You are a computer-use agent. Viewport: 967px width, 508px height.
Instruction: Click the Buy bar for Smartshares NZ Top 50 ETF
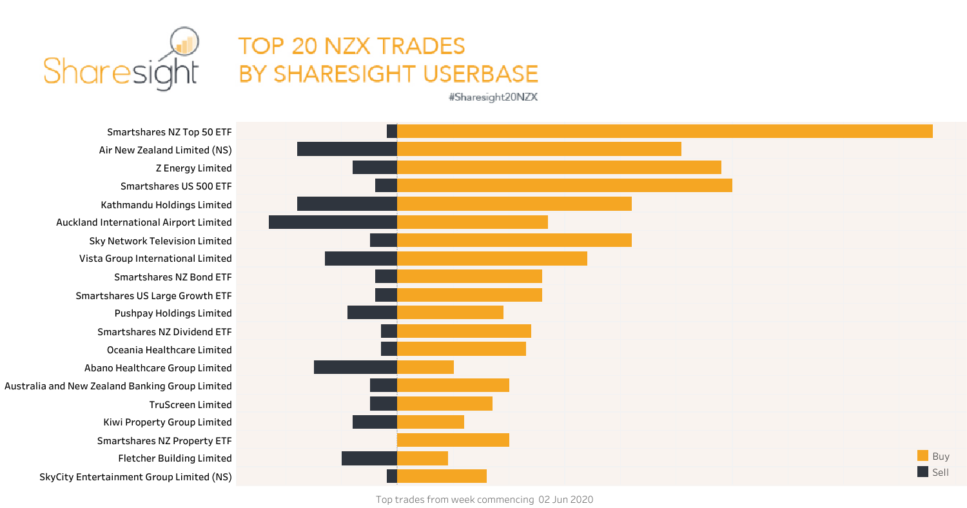coord(665,131)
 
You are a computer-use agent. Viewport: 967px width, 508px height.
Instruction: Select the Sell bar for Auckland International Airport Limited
coord(333,222)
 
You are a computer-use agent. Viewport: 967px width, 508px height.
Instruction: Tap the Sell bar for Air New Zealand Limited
coord(347,150)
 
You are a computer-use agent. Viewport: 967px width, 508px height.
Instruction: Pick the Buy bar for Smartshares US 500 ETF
coord(564,186)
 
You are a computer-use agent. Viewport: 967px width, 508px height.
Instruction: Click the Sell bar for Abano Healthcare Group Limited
coord(355,367)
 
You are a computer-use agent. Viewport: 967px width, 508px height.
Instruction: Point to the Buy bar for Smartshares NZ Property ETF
coord(453,440)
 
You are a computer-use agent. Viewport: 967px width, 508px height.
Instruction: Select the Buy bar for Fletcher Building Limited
coord(422,458)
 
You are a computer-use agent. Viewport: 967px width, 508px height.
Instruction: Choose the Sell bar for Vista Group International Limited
coord(360,259)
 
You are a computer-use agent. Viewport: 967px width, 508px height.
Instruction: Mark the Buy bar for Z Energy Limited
coord(559,168)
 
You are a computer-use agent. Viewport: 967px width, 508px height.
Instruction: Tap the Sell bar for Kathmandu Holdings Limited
coord(347,204)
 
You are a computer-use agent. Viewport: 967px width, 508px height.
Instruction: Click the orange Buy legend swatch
coord(923,456)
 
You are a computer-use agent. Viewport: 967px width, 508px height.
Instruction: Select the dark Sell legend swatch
coord(923,472)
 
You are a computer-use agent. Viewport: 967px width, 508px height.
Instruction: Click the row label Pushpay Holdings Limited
coord(173,313)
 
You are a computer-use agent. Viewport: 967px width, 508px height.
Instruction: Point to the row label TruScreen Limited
coord(190,404)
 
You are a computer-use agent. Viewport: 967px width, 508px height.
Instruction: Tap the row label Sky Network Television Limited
coord(161,240)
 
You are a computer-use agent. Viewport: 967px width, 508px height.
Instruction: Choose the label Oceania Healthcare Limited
coord(169,349)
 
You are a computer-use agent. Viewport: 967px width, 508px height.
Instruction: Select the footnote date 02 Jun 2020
coord(565,500)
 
